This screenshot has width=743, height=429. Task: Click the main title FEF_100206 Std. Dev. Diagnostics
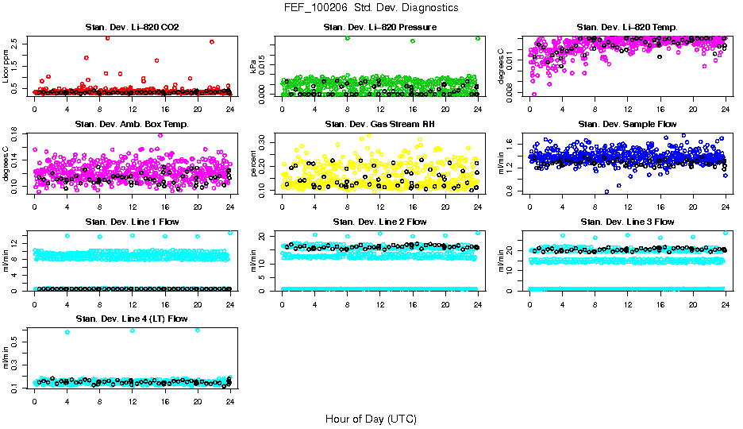coord(371,7)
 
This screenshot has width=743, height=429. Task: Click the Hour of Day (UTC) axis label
coord(371,418)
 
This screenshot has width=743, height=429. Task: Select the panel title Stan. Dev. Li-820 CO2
coord(132,28)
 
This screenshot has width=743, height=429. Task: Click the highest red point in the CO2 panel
coord(107,37)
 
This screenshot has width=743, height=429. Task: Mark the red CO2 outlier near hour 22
coord(212,41)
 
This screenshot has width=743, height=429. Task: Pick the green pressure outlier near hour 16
coord(413,41)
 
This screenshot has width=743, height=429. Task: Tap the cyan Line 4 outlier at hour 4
coord(67,331)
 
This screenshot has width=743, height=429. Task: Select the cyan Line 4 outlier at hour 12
coord(132,330)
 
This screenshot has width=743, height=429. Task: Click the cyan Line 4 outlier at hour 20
coord(198,330)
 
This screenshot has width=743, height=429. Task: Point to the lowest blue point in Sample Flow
coord(607,191)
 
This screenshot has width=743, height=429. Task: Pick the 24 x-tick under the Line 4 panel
coord(230,401)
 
